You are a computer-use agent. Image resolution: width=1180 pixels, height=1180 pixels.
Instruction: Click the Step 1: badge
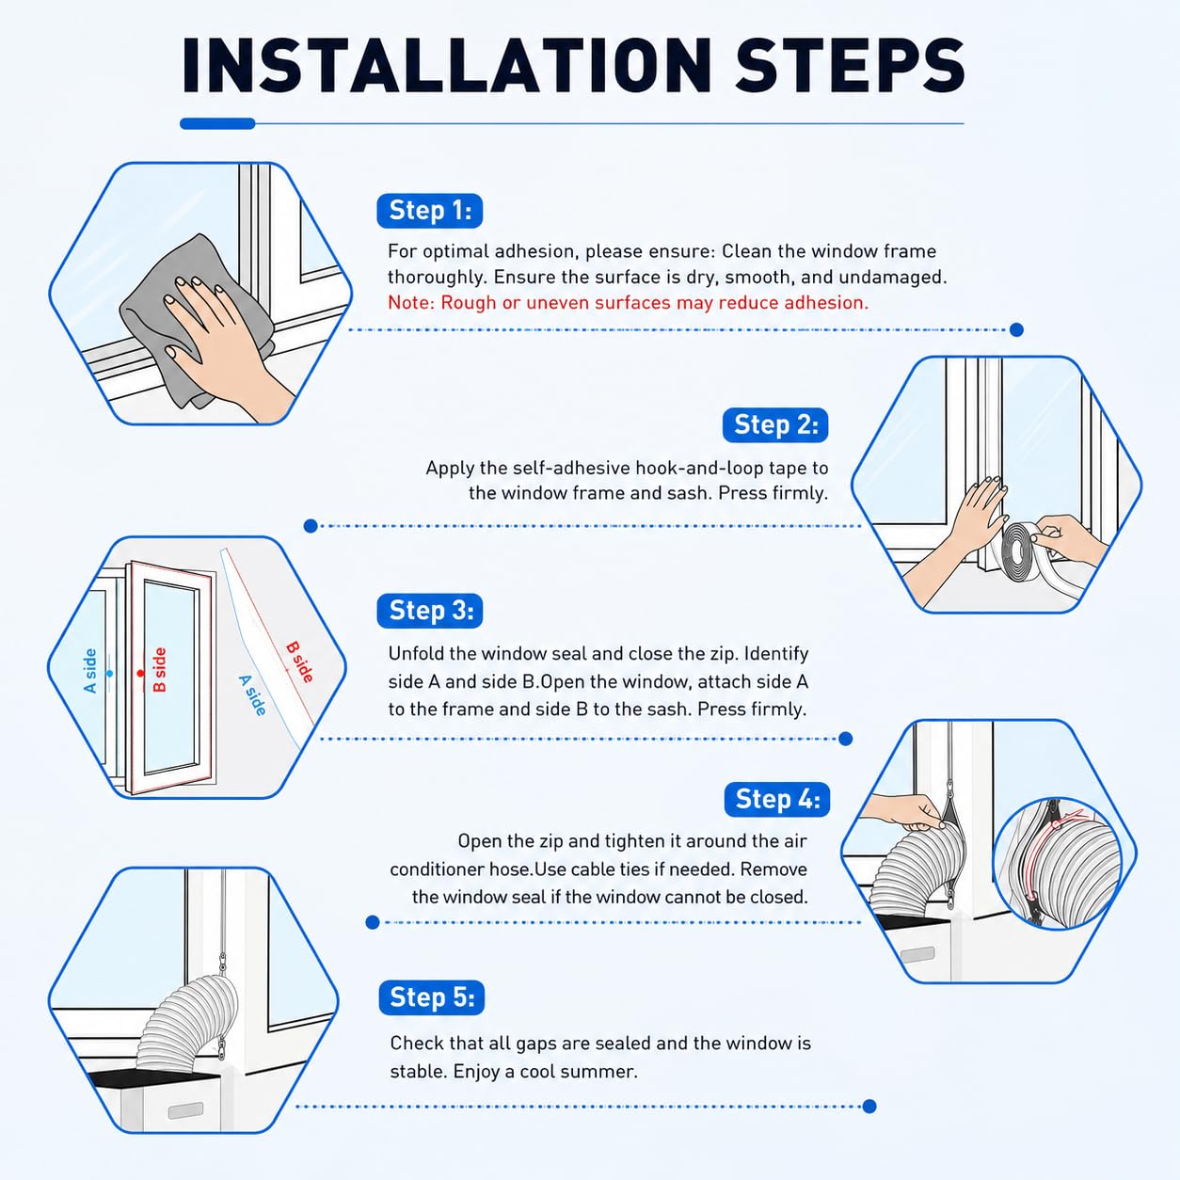tap(430, 211)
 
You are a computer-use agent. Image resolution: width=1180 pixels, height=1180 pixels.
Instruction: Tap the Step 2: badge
tap(775, 425)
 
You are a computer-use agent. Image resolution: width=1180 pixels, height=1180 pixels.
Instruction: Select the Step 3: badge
tap(430, 611)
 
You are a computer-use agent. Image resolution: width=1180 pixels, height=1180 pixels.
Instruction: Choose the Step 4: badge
tap(777, 799)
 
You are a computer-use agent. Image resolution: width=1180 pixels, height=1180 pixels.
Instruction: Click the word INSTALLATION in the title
tap(447, 66)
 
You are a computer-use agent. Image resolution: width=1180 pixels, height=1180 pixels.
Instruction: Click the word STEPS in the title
tap(850, 66)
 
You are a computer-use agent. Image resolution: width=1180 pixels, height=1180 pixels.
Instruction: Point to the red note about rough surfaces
tap(629, 302)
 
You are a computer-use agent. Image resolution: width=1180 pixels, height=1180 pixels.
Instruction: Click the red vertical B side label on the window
tap(159, 670)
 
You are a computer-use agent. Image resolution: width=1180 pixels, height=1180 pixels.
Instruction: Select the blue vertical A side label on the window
tap(90, 671)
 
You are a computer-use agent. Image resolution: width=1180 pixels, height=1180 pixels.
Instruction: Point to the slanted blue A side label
tap(252, 695)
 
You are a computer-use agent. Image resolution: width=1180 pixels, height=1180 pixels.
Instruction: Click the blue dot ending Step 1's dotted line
tap(1016, 330)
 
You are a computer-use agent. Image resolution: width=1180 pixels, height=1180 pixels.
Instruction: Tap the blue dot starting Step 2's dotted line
tap(311, 526)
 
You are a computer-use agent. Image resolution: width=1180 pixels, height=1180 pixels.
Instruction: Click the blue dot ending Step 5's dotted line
tap(869, 1106)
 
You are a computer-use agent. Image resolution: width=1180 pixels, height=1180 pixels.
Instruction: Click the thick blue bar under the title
tap(217, 123)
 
